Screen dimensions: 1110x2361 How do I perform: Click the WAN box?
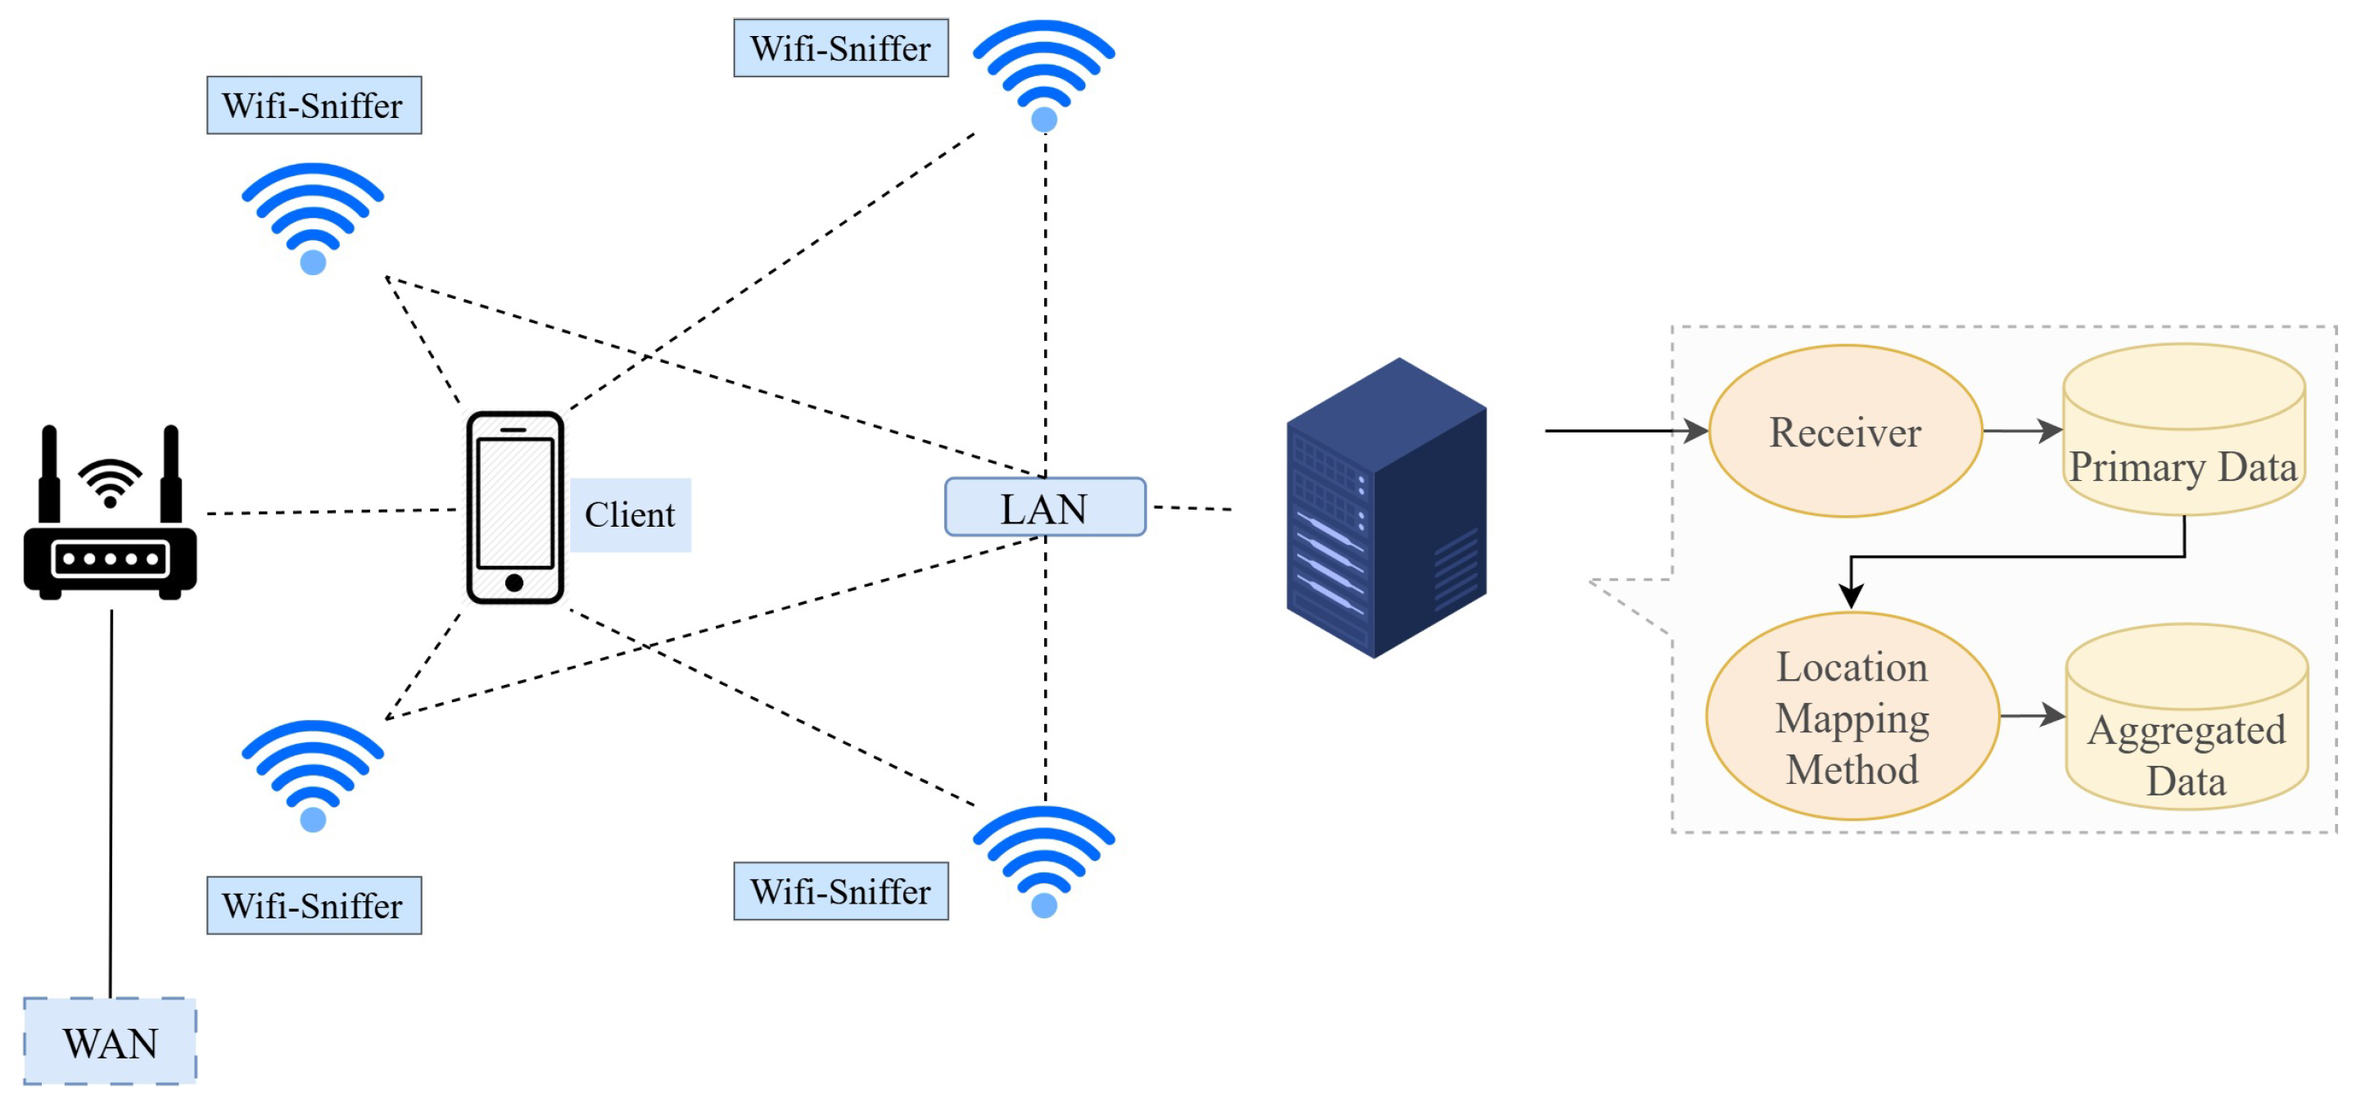pyautogui.click(x=110, y=1041)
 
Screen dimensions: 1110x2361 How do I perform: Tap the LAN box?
pyautogui.click(x=1044, y=507)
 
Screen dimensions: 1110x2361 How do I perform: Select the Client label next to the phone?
pyautogui.click(x=630, y=514)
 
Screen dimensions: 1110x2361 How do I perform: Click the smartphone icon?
pyautogui.click(x=514, y=507)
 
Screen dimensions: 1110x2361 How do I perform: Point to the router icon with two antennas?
pyautogui.click(x=110, y=514)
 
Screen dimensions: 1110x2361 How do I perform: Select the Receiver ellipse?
pyautogui.click(x=1844, y=431)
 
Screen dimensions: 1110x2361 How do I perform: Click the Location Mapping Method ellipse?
pyautogui.click(x=1852, y=716)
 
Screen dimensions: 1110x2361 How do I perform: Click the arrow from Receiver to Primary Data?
pyautogui.click(x=2021, y=431)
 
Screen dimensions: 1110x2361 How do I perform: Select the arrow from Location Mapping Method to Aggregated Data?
pyautogui.click(x=2031, y=715)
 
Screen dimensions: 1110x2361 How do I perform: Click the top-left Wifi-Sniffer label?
pyautogui.click(x=314, y=106)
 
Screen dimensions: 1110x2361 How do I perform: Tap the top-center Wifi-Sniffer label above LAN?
pyautogui.click(x=840, y=48)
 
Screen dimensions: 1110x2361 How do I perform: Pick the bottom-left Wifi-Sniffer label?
pyautogui.click(x=314, y=904)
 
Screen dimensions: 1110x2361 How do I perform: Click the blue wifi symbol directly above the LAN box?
pyautogui.click(x=1043, y=74)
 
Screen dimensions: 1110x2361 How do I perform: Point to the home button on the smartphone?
pyautogui.click(x=514, y=582)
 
